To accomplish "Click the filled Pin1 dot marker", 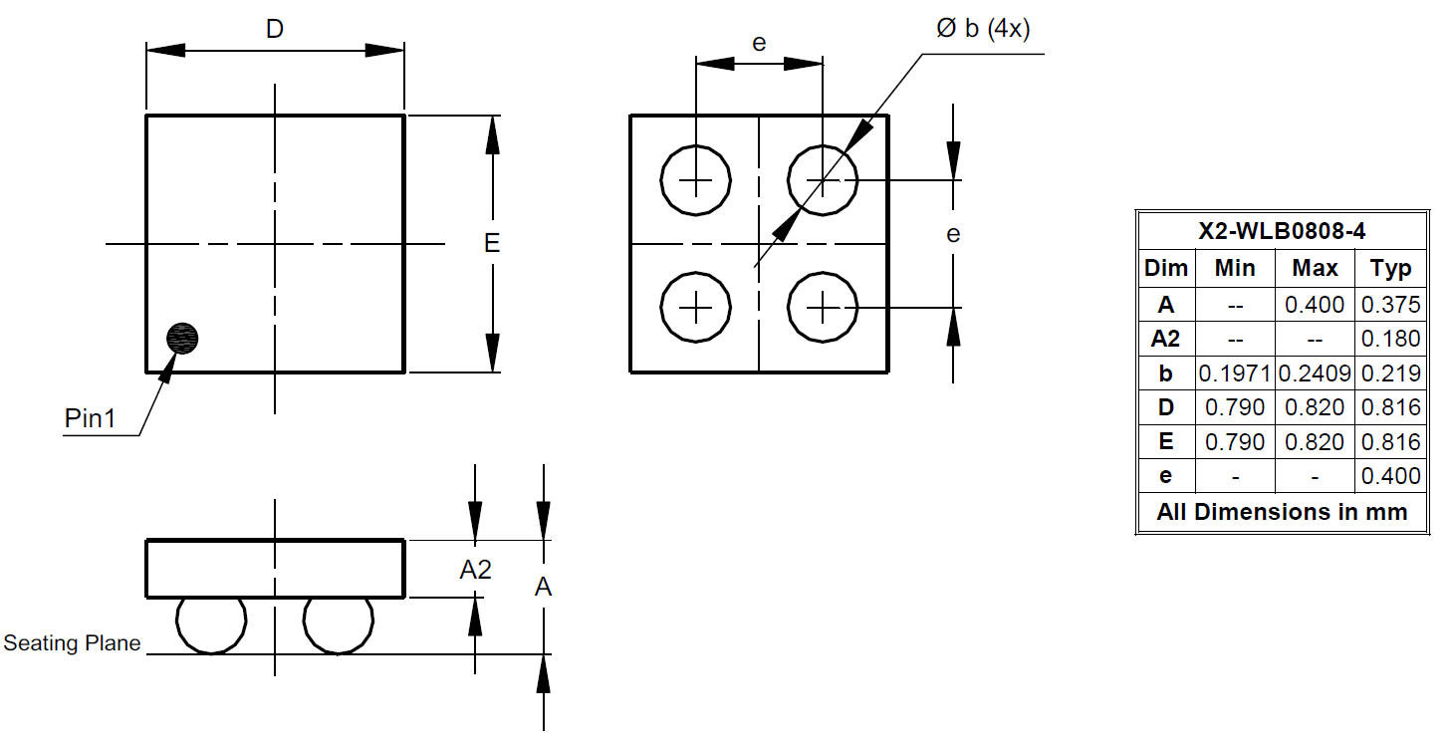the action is click(182, 339).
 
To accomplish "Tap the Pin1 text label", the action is click(90, 418).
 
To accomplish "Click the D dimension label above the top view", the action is click(275, 29).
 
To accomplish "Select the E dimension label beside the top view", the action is click(492, 243).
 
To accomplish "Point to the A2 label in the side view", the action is click(475, 570).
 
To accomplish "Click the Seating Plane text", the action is click(72, 642).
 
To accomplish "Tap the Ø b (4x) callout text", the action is click(983, 29).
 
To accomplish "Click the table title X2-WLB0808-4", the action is click(1282, 231).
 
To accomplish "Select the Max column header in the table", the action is click(1315, 268).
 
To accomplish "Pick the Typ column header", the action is click(1391, 268).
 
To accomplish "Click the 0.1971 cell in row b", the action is click(1235, 373).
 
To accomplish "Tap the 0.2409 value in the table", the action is click(1315, 373).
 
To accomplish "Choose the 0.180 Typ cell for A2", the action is click(1391, 339).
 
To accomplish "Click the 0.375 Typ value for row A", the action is click(1391, 305).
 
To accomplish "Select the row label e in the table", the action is click(1165, 476).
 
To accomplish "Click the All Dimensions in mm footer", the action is click(1282, 512).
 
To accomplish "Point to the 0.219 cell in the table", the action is click(1391, 373).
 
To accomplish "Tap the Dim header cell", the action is click(1166, 268).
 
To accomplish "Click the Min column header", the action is click(1235, 268).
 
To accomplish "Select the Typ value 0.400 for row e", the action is click(1391, 476).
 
